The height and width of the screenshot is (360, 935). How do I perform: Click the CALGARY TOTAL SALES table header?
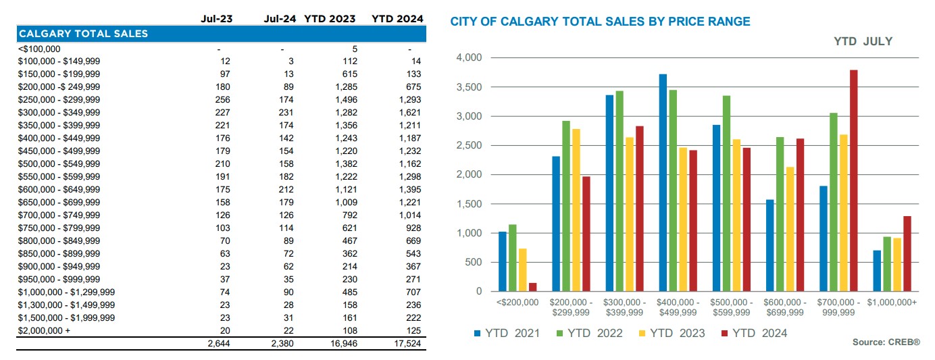click(x=83, y=33)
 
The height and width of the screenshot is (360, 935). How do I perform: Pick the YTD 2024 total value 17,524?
click(x=407, y=344)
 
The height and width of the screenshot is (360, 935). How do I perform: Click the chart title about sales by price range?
click(x=600, y=22)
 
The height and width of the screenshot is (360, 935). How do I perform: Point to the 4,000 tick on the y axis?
click(x=468, y=58)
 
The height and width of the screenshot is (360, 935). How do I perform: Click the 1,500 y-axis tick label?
click(x=468, y=204)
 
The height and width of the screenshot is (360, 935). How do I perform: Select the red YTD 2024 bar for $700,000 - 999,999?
click(x=854, y=180)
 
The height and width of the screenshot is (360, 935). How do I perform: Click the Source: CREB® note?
click(x=886, y=343)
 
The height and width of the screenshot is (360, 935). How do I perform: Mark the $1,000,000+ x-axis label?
click(x=892, y=303)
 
